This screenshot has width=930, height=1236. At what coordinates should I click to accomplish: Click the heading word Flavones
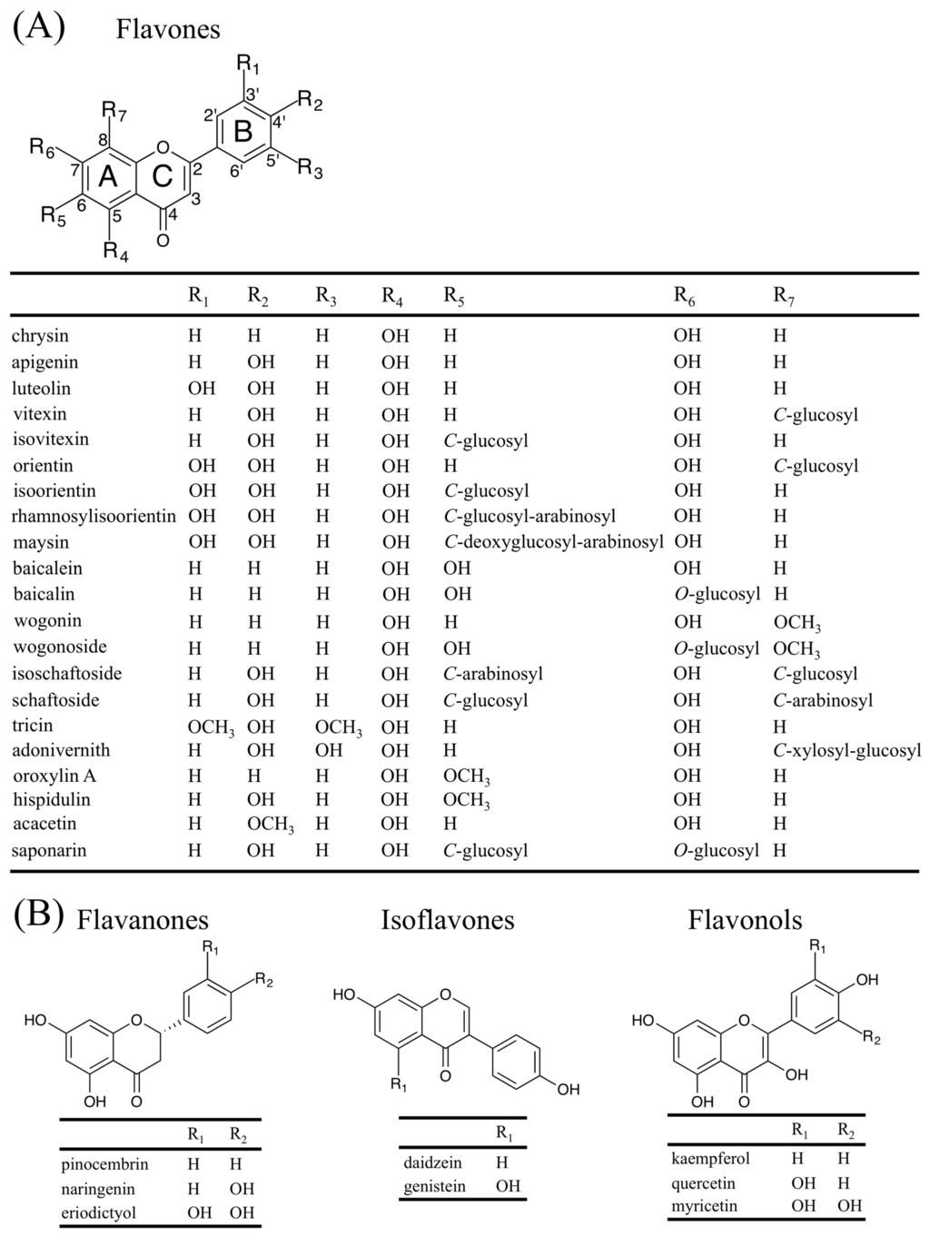(x=168, y=29)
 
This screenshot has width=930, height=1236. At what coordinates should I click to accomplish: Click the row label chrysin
(x=40, y=336)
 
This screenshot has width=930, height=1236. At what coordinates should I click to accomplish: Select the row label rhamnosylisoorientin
(x=94, y=517)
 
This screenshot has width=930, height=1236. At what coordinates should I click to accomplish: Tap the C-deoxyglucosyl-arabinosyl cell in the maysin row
(x=554, y=542)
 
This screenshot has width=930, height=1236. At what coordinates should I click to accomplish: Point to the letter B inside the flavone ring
(x=242, y=132)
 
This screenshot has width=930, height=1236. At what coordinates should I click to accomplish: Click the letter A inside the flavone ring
(x=107, y=177)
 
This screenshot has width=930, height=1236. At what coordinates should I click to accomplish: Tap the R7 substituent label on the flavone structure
(x=114, y=112)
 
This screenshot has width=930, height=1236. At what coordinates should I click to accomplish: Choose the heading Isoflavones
(x=448, y=920)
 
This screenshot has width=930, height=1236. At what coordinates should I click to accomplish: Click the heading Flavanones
(x=143, y=920)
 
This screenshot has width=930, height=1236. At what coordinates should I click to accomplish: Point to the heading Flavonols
(x=745, y=920)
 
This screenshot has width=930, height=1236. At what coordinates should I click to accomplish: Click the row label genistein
(x=435, y=1186)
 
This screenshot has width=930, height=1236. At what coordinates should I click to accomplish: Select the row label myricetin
(x=705, y=1206)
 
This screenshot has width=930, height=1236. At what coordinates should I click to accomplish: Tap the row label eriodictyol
(x=99, y=1212)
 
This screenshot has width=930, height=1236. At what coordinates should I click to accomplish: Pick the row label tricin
(x=33, y=726)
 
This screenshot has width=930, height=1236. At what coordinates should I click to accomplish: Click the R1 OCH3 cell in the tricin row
(x=212, y=727)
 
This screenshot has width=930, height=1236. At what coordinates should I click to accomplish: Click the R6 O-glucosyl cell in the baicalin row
(x=717, y=595)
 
